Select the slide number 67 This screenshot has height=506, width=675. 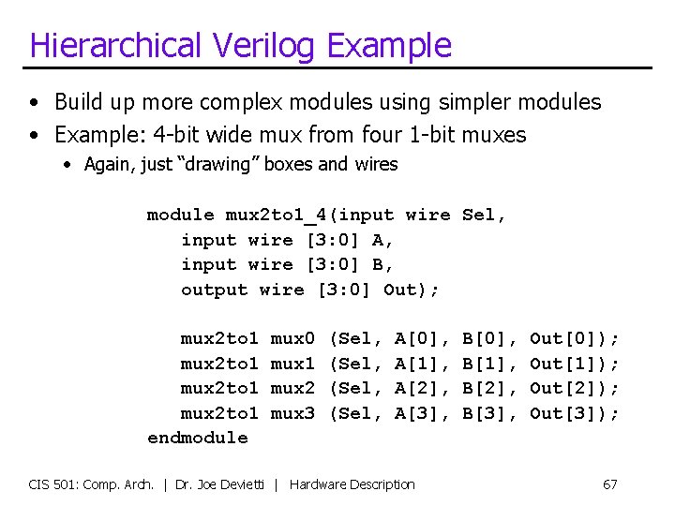609,484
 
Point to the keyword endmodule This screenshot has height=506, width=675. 198,438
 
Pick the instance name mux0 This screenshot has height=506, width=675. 292,337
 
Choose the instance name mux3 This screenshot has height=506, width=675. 292,412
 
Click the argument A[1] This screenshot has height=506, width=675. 418,363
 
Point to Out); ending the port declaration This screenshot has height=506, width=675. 412,290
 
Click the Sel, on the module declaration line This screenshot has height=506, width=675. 484,215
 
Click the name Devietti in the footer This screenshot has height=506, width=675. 246,484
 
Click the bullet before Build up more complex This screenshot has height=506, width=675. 35,102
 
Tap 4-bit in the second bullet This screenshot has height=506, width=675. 159,135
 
